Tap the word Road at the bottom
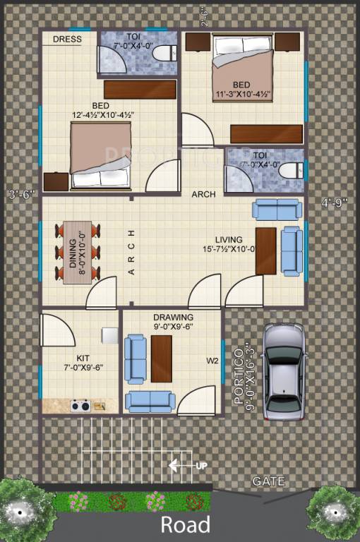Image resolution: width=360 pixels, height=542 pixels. [185, 524]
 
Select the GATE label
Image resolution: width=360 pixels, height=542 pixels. [269, 482]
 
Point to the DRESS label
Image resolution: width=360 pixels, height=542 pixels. [67, 40]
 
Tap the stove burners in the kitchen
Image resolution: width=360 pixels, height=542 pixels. [79, 406]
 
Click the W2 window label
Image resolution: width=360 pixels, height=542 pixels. [212, 361]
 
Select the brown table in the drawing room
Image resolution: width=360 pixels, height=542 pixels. [161, 359]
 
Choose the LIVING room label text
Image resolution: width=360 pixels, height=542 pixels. [229, 240]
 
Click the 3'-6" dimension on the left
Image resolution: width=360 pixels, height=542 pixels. [21, 194]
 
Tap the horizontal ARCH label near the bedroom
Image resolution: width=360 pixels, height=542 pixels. [203, 194]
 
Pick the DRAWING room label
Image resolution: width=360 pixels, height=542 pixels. [173, 317]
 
